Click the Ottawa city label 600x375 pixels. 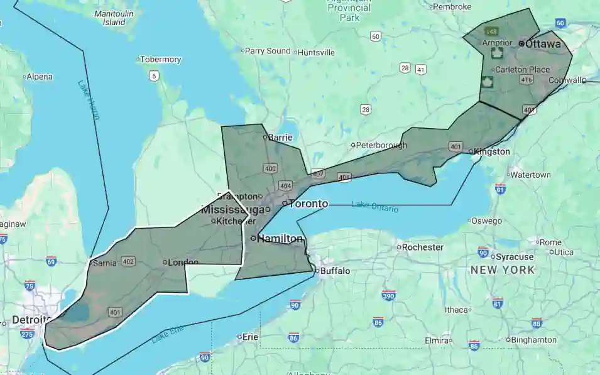click(543, 44)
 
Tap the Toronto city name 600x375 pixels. click(308, 204)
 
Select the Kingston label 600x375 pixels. click(493, 151)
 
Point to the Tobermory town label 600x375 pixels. click(161, 60)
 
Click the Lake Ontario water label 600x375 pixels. click(374, 206)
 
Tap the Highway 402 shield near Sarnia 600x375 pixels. click(129, 261)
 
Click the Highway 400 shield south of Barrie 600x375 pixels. click(271, 168)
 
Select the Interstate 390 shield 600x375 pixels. click(389, 295)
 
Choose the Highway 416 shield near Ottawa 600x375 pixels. click(526, 80)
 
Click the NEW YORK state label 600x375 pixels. click(503, 270)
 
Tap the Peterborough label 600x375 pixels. click(381, 145)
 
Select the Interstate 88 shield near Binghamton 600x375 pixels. click(536, 323)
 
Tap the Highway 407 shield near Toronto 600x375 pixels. click(319, 173)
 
